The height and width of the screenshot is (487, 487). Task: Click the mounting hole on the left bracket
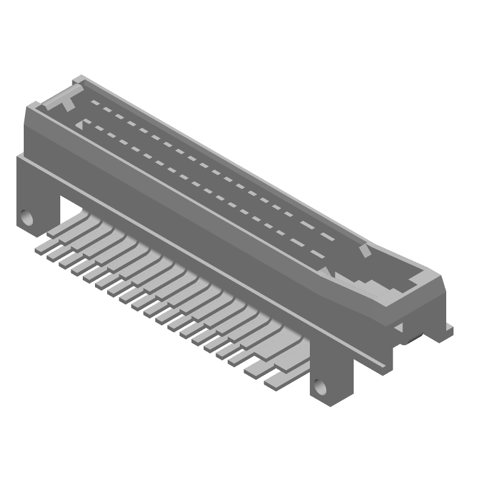[26, 217]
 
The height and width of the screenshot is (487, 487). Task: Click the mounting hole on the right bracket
[320, 387]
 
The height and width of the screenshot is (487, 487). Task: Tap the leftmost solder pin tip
[41, 250]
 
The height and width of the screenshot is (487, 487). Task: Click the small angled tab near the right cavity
[364, 251]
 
